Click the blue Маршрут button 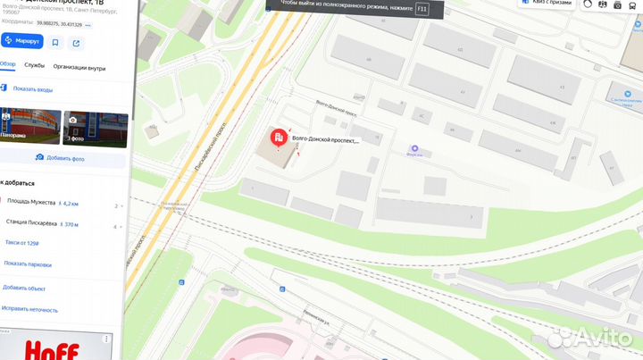coord(22,41)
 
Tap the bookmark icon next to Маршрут coord(55,41)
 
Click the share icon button coord(77,41)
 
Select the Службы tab coord(35,65)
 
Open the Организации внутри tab coord(79,66)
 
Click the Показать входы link coord(32,89)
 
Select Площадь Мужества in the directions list coord(31,203)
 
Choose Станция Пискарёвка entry coord(31,223)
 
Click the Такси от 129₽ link coord(22,243)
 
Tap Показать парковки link coord(28,264)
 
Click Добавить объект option coord(24,288)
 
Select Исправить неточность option coord(30,309)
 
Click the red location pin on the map coord(278,138)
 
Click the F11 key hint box coord(422,8)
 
